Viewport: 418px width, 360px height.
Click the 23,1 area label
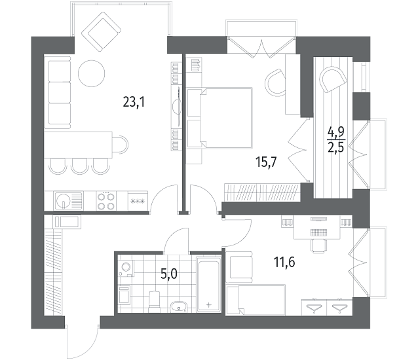[x=134, y=101]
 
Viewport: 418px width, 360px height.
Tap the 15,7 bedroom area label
[x=266, y=162]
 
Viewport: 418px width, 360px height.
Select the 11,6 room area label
[x=284, y=262]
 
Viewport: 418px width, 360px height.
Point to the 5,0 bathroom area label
[x=169, y=274]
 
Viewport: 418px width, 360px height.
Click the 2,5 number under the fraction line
[x=336, y=147]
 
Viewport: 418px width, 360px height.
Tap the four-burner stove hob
[x=106, y=201]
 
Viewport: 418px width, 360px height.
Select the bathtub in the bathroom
[x=208, y=284]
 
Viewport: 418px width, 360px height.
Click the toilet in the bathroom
[x=155, y=302]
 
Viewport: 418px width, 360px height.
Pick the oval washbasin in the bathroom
[x=179, y=307]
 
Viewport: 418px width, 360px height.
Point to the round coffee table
[x=92, y=73]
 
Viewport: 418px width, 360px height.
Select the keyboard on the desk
[x=318, y=232]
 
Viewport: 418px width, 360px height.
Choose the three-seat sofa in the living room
[x=59, y=92]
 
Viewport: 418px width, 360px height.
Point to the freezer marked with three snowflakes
[x=138, y=201]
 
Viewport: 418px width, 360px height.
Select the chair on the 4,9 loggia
[x=333, y=79]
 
